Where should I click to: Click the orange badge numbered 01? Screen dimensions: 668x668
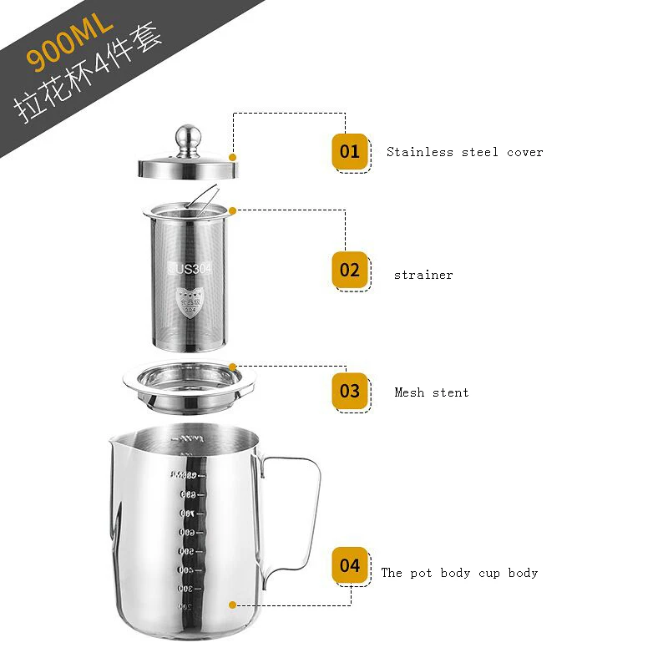tap(350, 152)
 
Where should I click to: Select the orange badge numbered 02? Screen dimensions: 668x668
tap(350, 271)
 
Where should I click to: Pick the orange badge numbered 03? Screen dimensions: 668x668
tap(350, 391)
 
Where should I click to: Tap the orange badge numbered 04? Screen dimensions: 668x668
tap(350, 565)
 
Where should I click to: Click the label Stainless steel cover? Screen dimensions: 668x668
tap(464, 152)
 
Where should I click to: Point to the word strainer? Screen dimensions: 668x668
tap(423, 275)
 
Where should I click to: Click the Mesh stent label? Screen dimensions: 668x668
tap(432, 392)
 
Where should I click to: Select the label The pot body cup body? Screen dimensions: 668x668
tap(459, 573)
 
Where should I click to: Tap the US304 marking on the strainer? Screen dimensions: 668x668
tap(193, 268)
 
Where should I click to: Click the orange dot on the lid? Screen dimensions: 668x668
tap(233, 156)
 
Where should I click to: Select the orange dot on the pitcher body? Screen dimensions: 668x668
tap(233, 604)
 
